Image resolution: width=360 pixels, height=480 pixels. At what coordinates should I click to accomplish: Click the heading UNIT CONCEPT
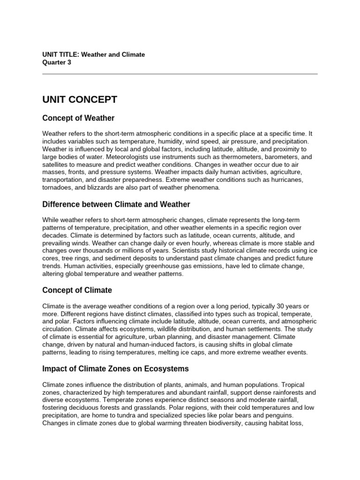click(80, 99)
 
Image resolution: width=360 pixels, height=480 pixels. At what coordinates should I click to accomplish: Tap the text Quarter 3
click(57, 62)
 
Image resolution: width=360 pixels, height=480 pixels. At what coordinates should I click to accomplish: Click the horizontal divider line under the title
click(180, 74)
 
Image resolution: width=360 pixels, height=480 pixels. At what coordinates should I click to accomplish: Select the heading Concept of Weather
click(78, 118)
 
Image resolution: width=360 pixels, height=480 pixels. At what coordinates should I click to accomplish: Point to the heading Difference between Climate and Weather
click(116, 204)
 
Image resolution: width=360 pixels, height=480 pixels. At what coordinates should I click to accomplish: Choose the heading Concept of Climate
click(77, 290)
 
